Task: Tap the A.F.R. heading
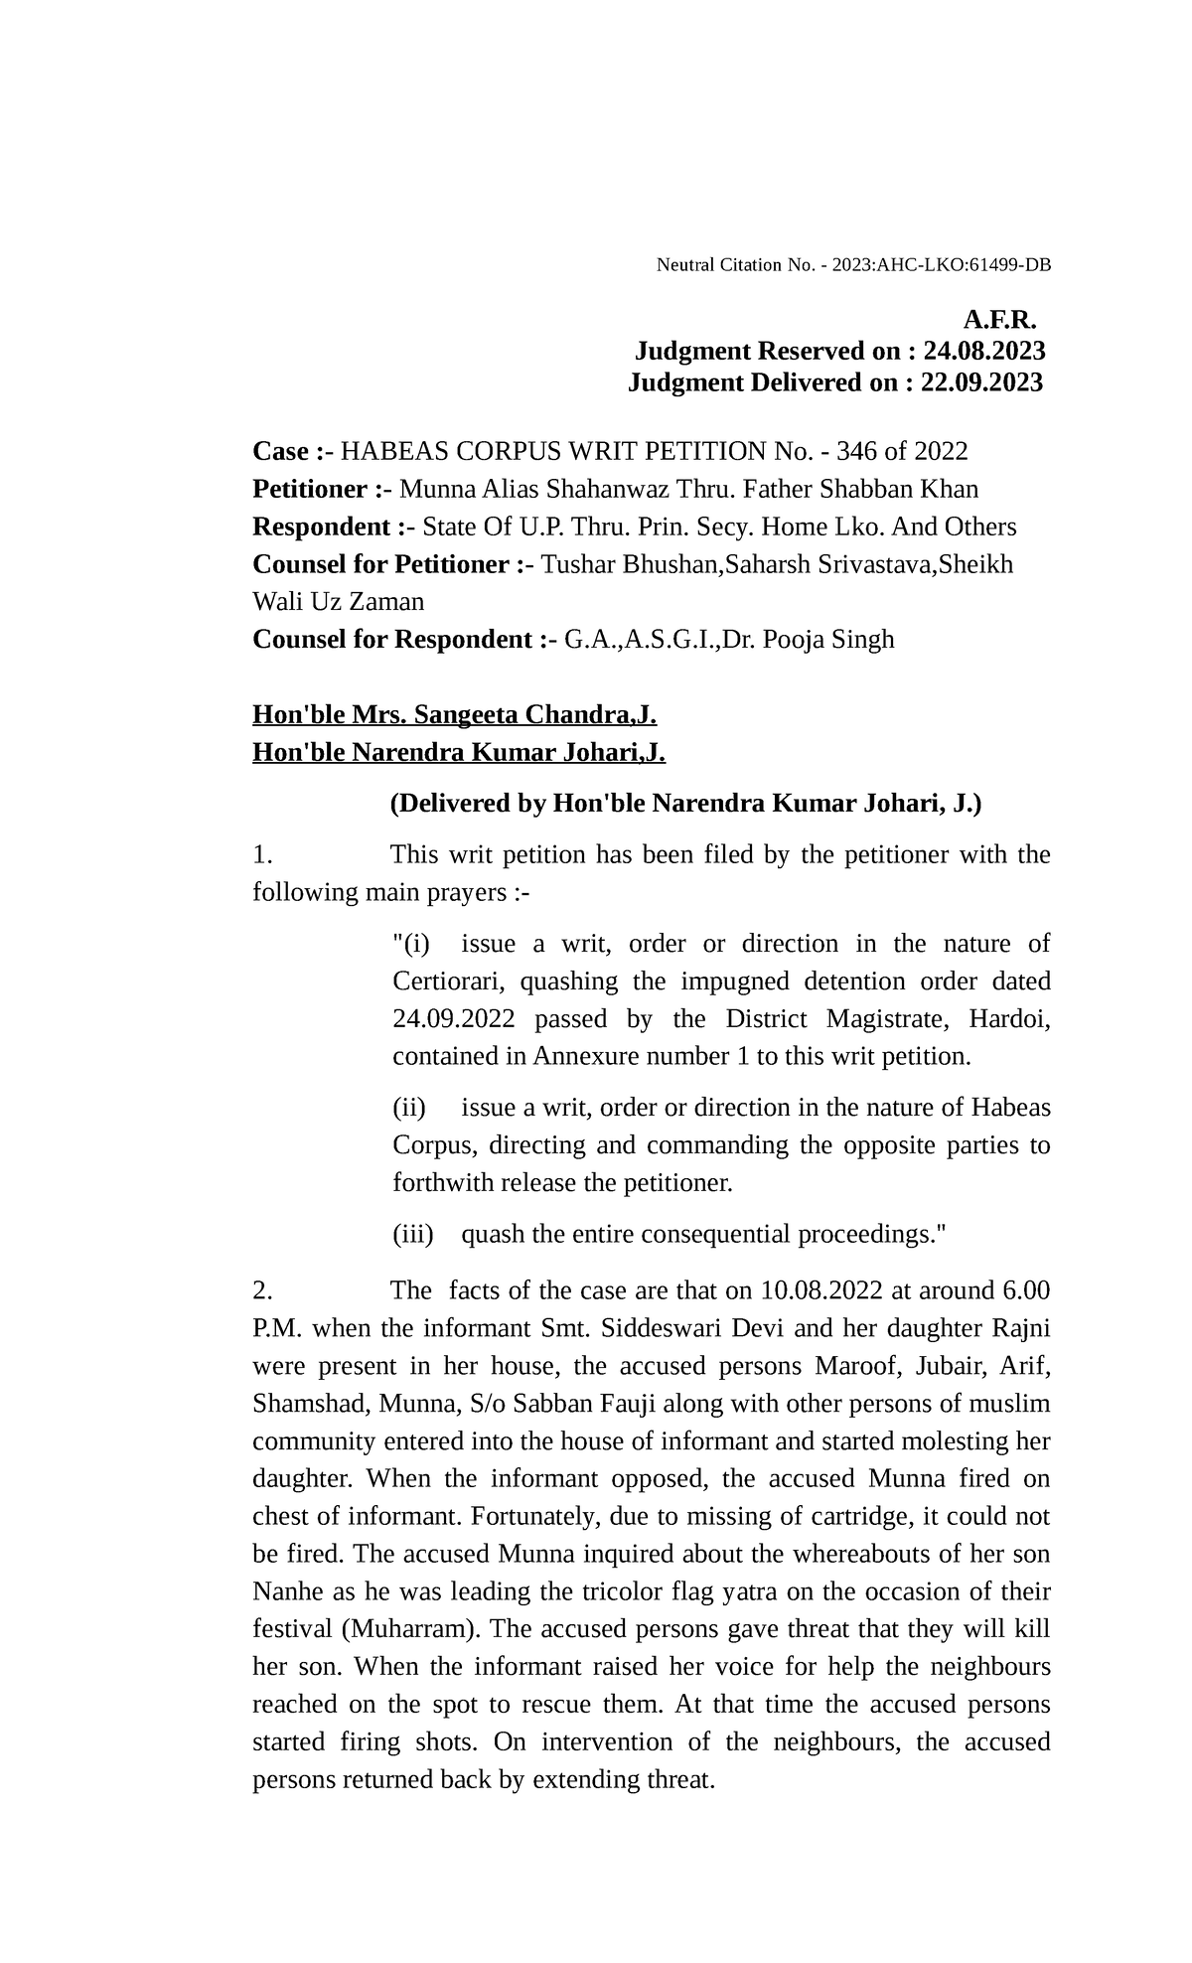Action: [x=999, y=320]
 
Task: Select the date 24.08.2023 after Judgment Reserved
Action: [x=983, y=351]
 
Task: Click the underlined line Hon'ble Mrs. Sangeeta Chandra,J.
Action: [x=455, y=714]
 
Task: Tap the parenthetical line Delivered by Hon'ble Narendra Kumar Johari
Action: [x=685, y=803]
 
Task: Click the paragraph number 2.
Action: [x=262, y=1290]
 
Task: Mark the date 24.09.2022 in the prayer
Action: [x=454, y=1019]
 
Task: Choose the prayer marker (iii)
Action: [x=414, y=1235]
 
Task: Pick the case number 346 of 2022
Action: [x=902, y=451]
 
